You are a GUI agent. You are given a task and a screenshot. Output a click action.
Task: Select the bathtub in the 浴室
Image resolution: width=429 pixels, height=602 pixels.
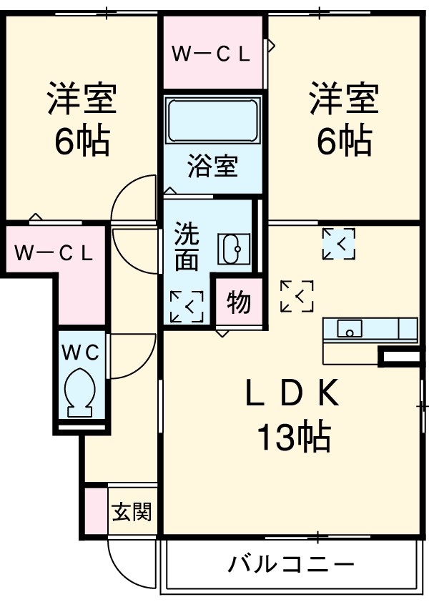(213, 122)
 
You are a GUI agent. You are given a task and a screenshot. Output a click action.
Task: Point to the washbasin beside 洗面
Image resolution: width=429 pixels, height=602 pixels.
(232, 250)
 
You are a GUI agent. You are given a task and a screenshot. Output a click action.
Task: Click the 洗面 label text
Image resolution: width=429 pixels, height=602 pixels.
(187, 247)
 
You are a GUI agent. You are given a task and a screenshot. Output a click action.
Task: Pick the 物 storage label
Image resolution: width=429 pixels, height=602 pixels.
(239, 303)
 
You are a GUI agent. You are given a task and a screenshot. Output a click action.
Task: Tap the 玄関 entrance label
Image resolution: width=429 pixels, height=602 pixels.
(132, 512)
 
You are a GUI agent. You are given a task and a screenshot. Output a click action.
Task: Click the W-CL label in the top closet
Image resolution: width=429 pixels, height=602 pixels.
(212, 54)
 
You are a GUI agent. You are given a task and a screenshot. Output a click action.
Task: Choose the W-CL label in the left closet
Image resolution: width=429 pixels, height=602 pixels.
(54, 252)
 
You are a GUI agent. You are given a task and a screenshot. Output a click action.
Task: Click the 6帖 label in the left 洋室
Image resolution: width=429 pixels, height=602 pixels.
(82, 142)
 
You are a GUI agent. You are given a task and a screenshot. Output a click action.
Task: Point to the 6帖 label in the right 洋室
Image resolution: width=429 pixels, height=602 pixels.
(344, 142)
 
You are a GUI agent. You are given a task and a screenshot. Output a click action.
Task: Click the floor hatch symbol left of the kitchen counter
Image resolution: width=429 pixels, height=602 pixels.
(297, 295)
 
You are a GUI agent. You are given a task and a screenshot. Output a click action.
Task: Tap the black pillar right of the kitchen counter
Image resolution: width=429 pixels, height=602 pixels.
(400, 355)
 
